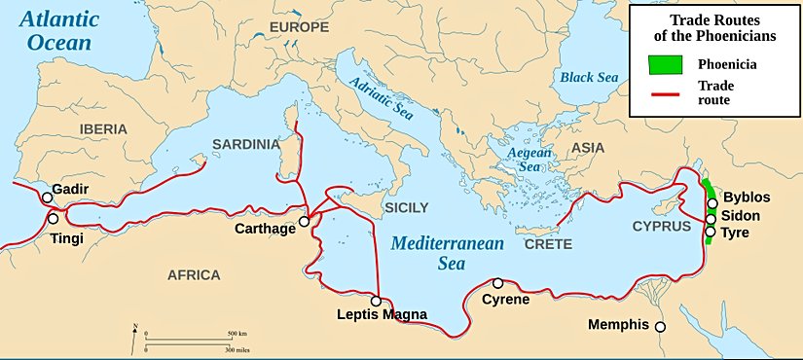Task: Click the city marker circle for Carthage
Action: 304,221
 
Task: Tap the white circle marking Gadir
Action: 47,198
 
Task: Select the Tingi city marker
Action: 54,219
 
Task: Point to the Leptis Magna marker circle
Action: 376,301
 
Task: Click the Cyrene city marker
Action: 498,282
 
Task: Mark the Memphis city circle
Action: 660,327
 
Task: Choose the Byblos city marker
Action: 712,204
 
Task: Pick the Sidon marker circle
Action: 712,218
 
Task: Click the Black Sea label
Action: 587,76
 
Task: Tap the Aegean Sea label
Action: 529,160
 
